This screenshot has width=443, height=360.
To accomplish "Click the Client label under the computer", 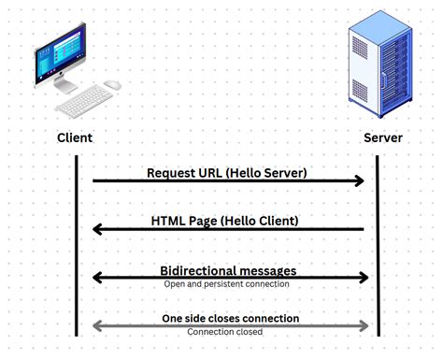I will (x=75, y=138).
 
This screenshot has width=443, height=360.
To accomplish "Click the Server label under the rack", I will (x=382, y=138).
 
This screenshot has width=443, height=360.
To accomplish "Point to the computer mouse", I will (x=112, y=85).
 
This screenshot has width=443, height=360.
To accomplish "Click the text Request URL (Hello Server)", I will (x=227, y=172).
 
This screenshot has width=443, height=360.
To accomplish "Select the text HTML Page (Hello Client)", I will (x=225, y=221).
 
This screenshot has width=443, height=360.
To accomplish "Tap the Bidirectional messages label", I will (x=228, y=270).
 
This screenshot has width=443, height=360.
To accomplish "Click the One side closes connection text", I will (x=227, y=318).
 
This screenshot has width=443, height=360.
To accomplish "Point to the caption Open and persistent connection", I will (x=227, y=283).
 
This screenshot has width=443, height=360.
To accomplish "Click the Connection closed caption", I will (x=225, y=331).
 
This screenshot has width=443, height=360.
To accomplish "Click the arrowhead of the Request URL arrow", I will (x=360, y=180).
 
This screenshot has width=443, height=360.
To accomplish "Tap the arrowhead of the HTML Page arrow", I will (x=97, y=229).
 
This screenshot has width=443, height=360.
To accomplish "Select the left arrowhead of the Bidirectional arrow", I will (x=97, y=277).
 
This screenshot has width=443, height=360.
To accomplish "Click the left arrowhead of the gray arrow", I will (x=96, y=325).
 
